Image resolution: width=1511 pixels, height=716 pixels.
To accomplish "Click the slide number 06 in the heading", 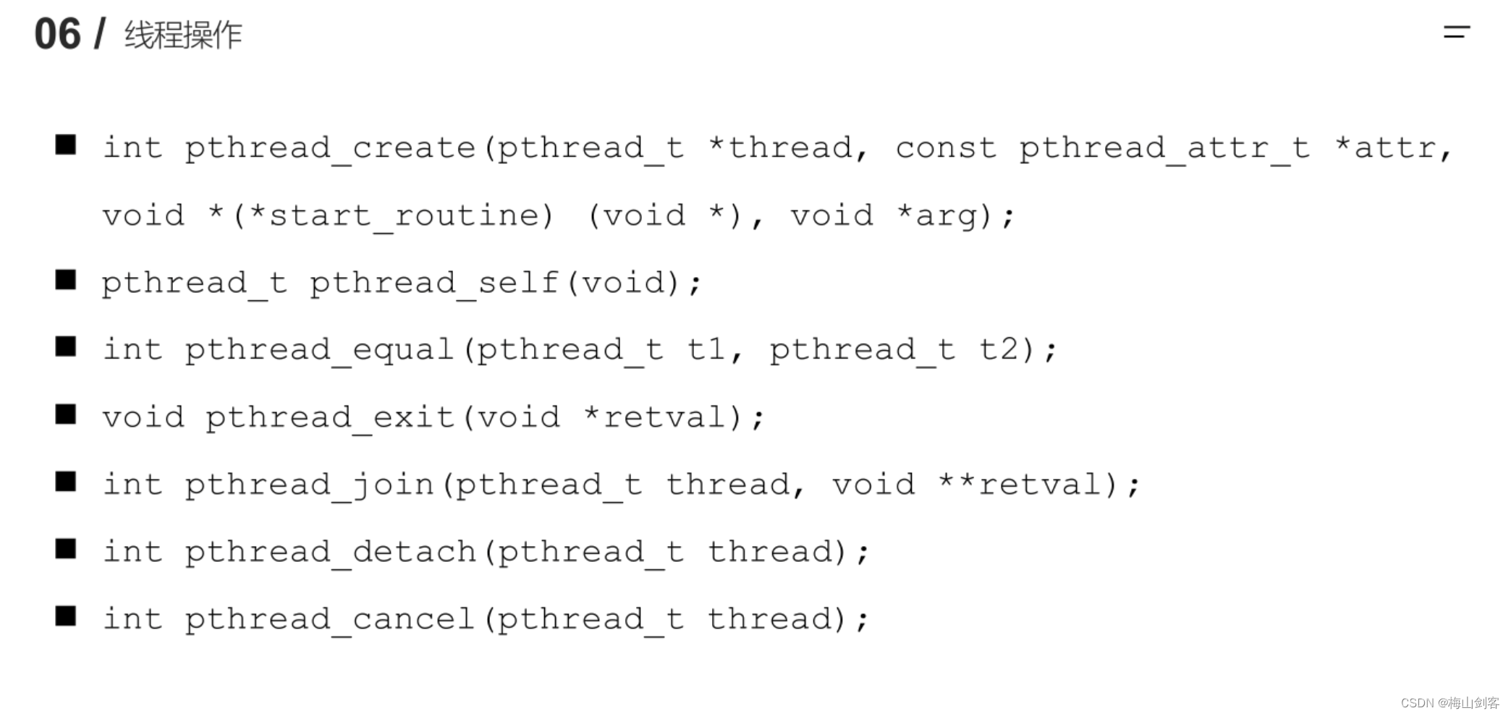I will (57, 34).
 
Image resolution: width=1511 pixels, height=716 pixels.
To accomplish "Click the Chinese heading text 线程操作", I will (183, 35).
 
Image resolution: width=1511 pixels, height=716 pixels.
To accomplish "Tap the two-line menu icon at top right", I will (1456, 32).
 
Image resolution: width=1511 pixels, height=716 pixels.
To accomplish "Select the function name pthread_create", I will (330, 148).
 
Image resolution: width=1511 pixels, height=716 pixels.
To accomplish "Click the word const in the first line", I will (945, 148).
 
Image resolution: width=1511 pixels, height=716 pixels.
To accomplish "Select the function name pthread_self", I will (434, 283).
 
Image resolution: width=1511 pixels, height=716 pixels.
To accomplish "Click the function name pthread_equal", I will (319, 350).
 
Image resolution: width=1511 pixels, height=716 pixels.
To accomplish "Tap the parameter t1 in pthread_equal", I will (706, 350).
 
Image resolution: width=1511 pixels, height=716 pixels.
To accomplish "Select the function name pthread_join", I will (309, 485).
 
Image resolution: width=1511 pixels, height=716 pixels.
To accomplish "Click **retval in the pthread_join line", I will (1019, 485).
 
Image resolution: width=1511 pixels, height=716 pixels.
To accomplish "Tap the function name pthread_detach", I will (330, 552).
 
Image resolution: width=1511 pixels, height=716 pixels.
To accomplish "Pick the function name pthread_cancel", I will (330, 619).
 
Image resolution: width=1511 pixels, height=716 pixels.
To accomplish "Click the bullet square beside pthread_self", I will (66, 280).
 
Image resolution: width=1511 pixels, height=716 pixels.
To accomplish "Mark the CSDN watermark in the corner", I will (1449, 703).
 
